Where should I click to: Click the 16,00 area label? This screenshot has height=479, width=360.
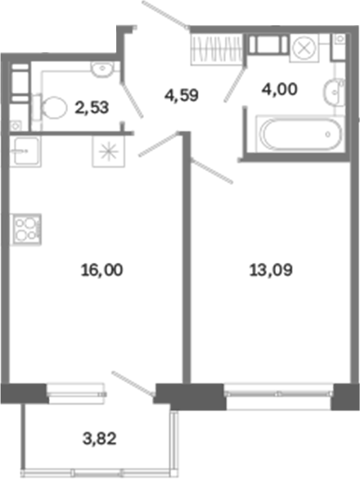coord(102,270)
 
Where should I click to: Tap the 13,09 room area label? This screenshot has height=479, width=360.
coord(271,270)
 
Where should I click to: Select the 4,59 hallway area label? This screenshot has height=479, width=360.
coord(182,95)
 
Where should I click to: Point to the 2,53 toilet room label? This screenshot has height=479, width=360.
coord(92,108)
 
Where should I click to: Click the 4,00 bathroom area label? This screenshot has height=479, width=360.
coord(280,89)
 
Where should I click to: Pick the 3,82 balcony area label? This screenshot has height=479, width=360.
coord(100,439)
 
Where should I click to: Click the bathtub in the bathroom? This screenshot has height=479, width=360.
coord(300,133)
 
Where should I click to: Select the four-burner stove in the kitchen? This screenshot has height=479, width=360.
coord(25,230)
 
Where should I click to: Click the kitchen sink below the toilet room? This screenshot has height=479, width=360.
coord(25,151)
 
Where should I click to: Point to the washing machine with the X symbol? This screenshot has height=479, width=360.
coord(304,48)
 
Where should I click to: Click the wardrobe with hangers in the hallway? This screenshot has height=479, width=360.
coord(217,49)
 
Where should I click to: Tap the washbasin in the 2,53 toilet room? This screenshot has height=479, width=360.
coord(102,69)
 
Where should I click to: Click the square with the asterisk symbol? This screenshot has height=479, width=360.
coord(109,151)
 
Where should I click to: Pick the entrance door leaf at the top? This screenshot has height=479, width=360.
coord(165,15)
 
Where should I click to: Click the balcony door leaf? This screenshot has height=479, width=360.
coord(133,384)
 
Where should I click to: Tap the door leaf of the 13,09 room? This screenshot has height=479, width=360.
coord(212,171)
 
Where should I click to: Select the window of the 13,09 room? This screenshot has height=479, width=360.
coord(279,394)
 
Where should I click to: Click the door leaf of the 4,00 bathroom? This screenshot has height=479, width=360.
coord(236,84)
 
